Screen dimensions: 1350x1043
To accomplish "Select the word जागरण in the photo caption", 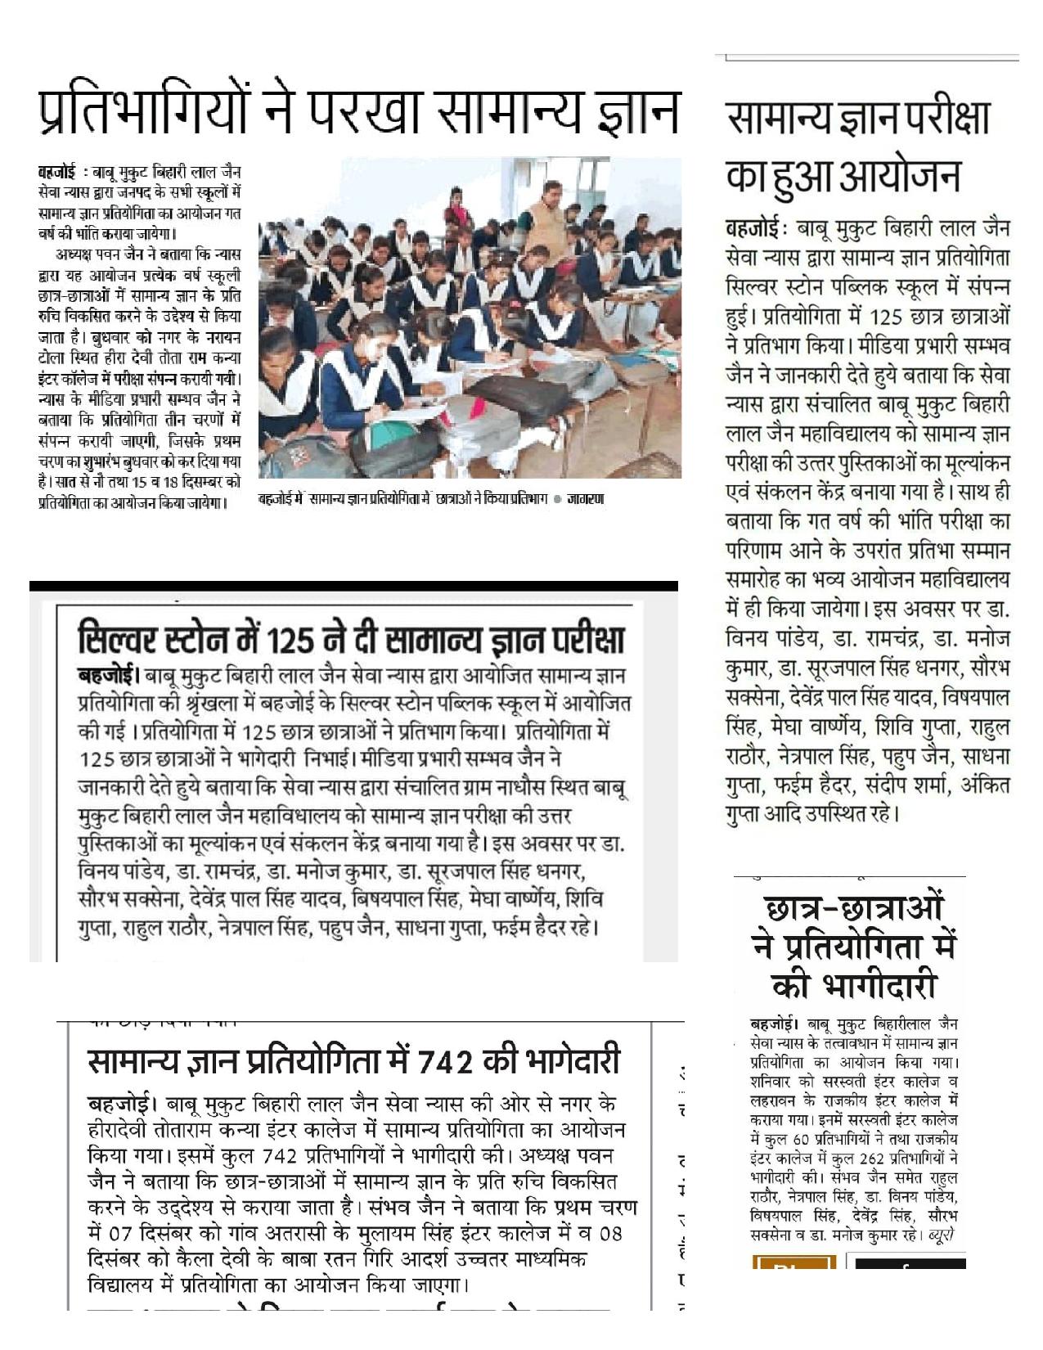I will tap(585, 499).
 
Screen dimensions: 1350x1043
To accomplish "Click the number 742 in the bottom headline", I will tap(443, 1061).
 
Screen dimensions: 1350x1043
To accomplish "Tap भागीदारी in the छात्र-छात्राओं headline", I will tap(856, 986).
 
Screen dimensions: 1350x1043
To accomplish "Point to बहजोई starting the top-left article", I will tap(57, 172).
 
